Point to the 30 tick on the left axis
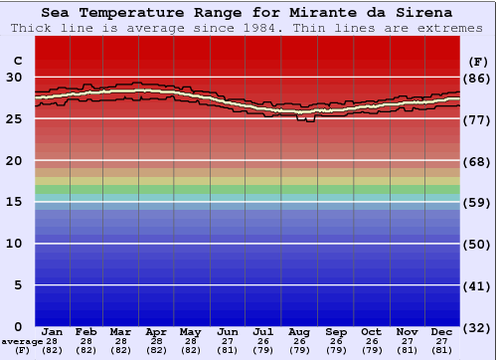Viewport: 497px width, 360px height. coord(14,78)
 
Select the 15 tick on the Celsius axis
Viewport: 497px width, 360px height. coord(14,202)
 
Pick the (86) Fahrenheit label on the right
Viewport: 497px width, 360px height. coord(478,78)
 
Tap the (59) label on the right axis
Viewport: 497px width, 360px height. coord(478,202)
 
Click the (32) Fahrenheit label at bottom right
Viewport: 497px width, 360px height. coord(478,327)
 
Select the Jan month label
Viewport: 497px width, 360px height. coord(53,331)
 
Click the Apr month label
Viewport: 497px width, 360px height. coord(156,331)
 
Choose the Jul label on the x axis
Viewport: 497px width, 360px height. coord(263,331)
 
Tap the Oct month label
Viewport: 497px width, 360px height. coord(371,331)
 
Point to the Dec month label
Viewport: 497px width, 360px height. coord(442,331)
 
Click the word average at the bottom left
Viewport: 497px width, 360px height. coord(22,341)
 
